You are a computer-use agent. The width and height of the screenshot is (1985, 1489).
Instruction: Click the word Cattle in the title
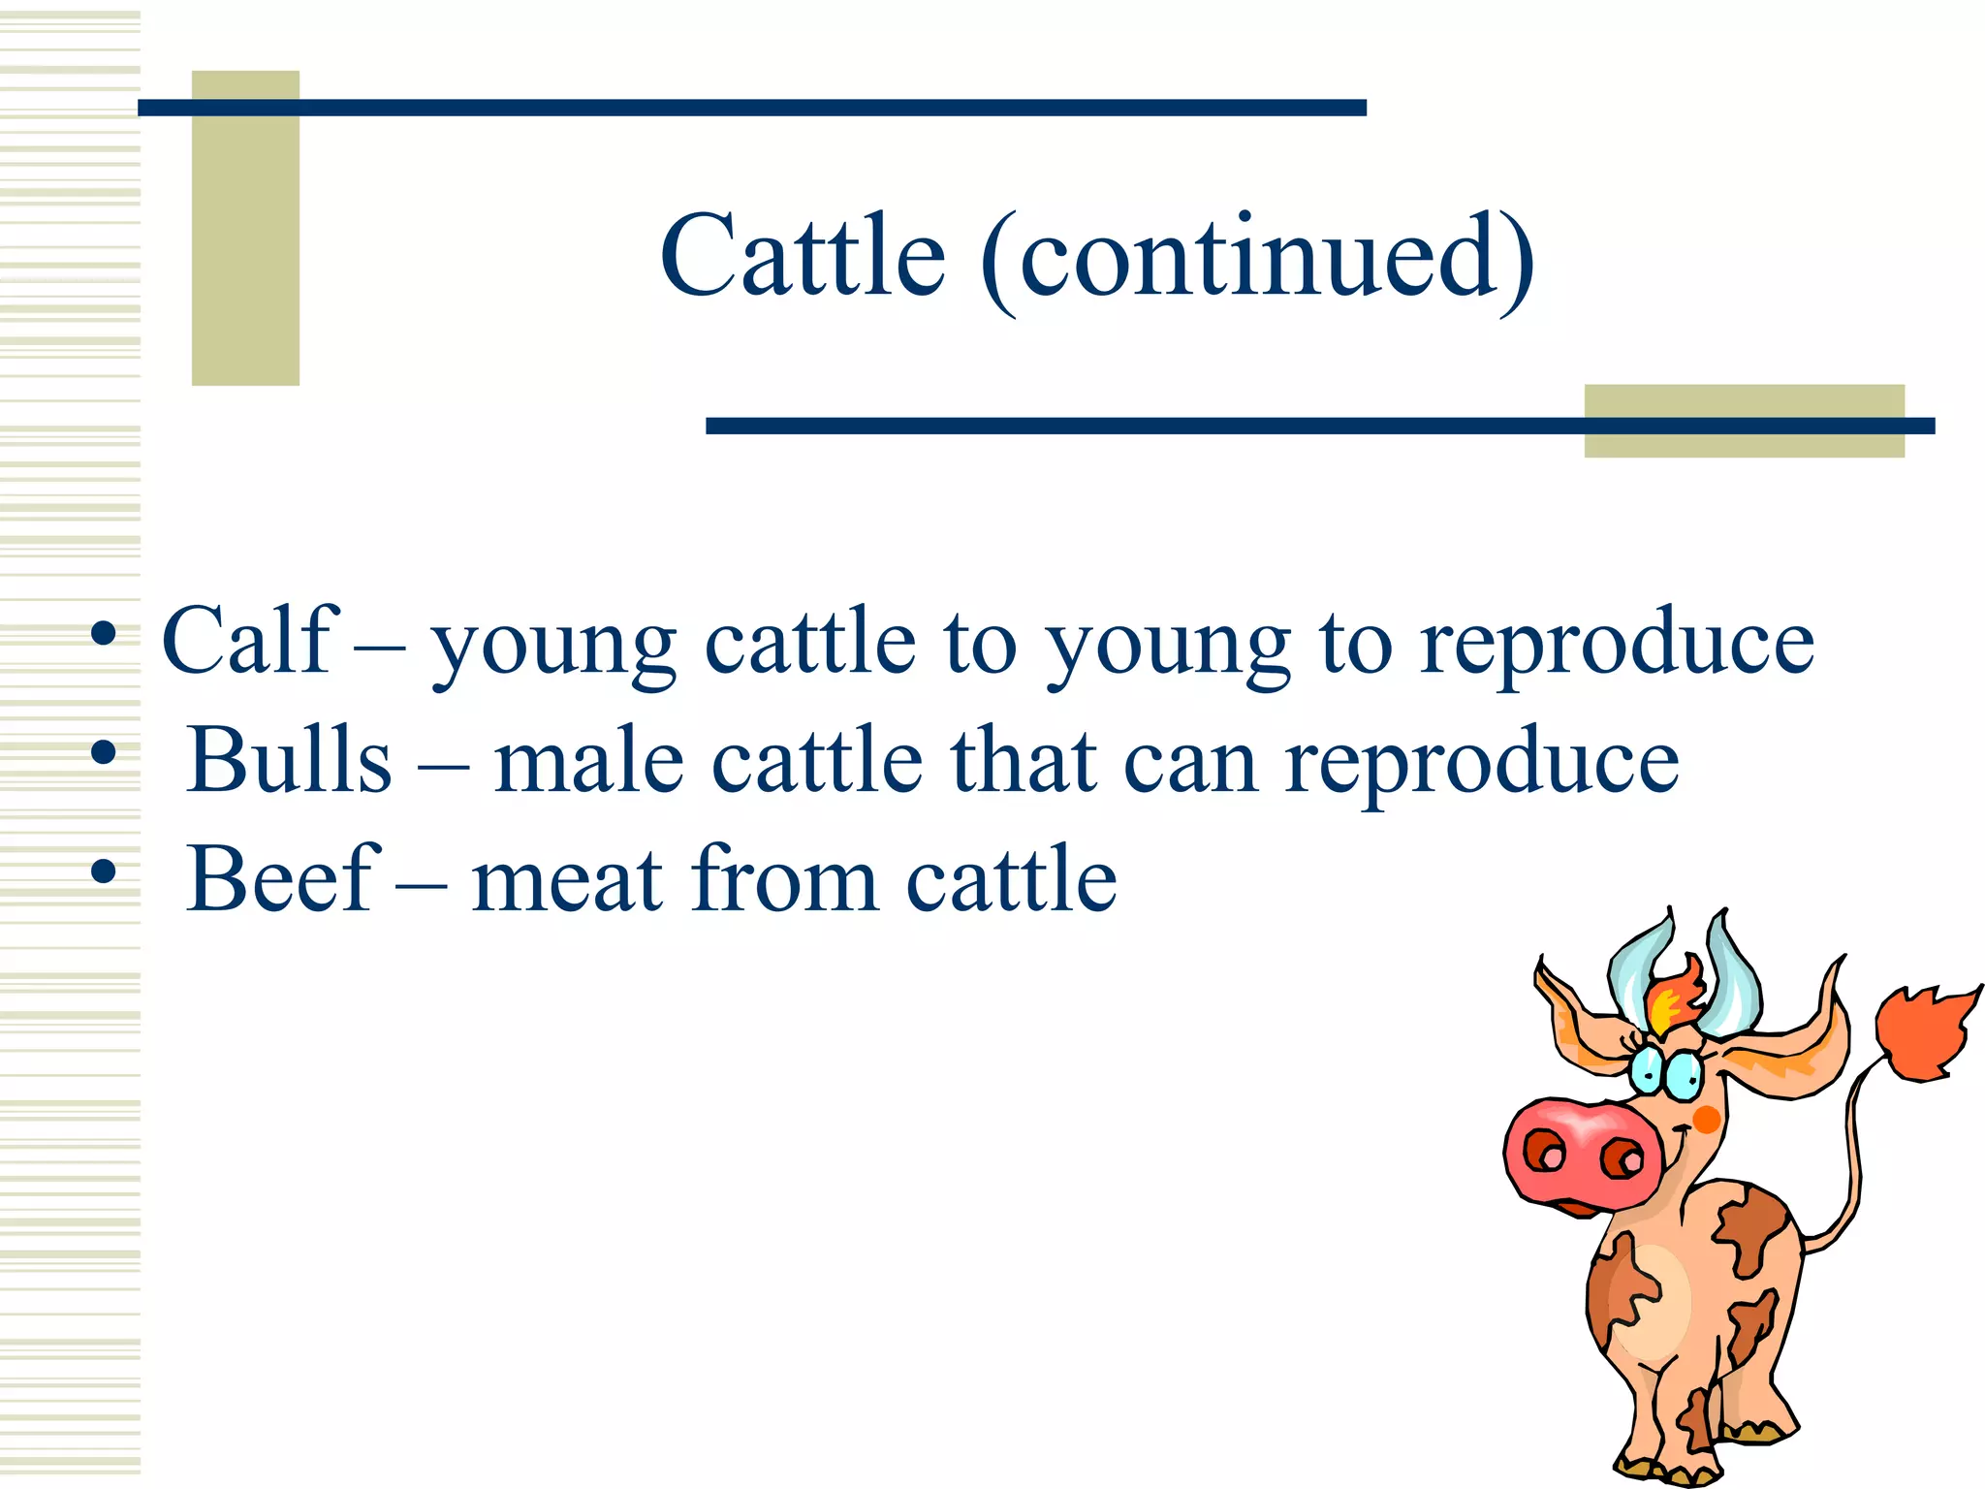(803, 257)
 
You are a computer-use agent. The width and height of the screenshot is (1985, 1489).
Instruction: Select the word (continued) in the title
(1258, 260)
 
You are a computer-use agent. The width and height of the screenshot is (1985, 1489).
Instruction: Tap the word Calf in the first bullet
(249, 641)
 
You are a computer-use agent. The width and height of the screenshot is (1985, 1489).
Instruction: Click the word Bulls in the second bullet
(289, 761)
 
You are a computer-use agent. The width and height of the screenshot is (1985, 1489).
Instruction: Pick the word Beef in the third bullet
(280, 879)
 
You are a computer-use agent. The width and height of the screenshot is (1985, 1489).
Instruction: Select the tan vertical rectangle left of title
(245, 228)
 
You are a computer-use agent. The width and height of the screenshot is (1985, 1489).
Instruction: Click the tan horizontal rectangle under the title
(1744, 421)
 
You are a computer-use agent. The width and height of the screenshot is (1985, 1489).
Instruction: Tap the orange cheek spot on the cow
(1707, 1120)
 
